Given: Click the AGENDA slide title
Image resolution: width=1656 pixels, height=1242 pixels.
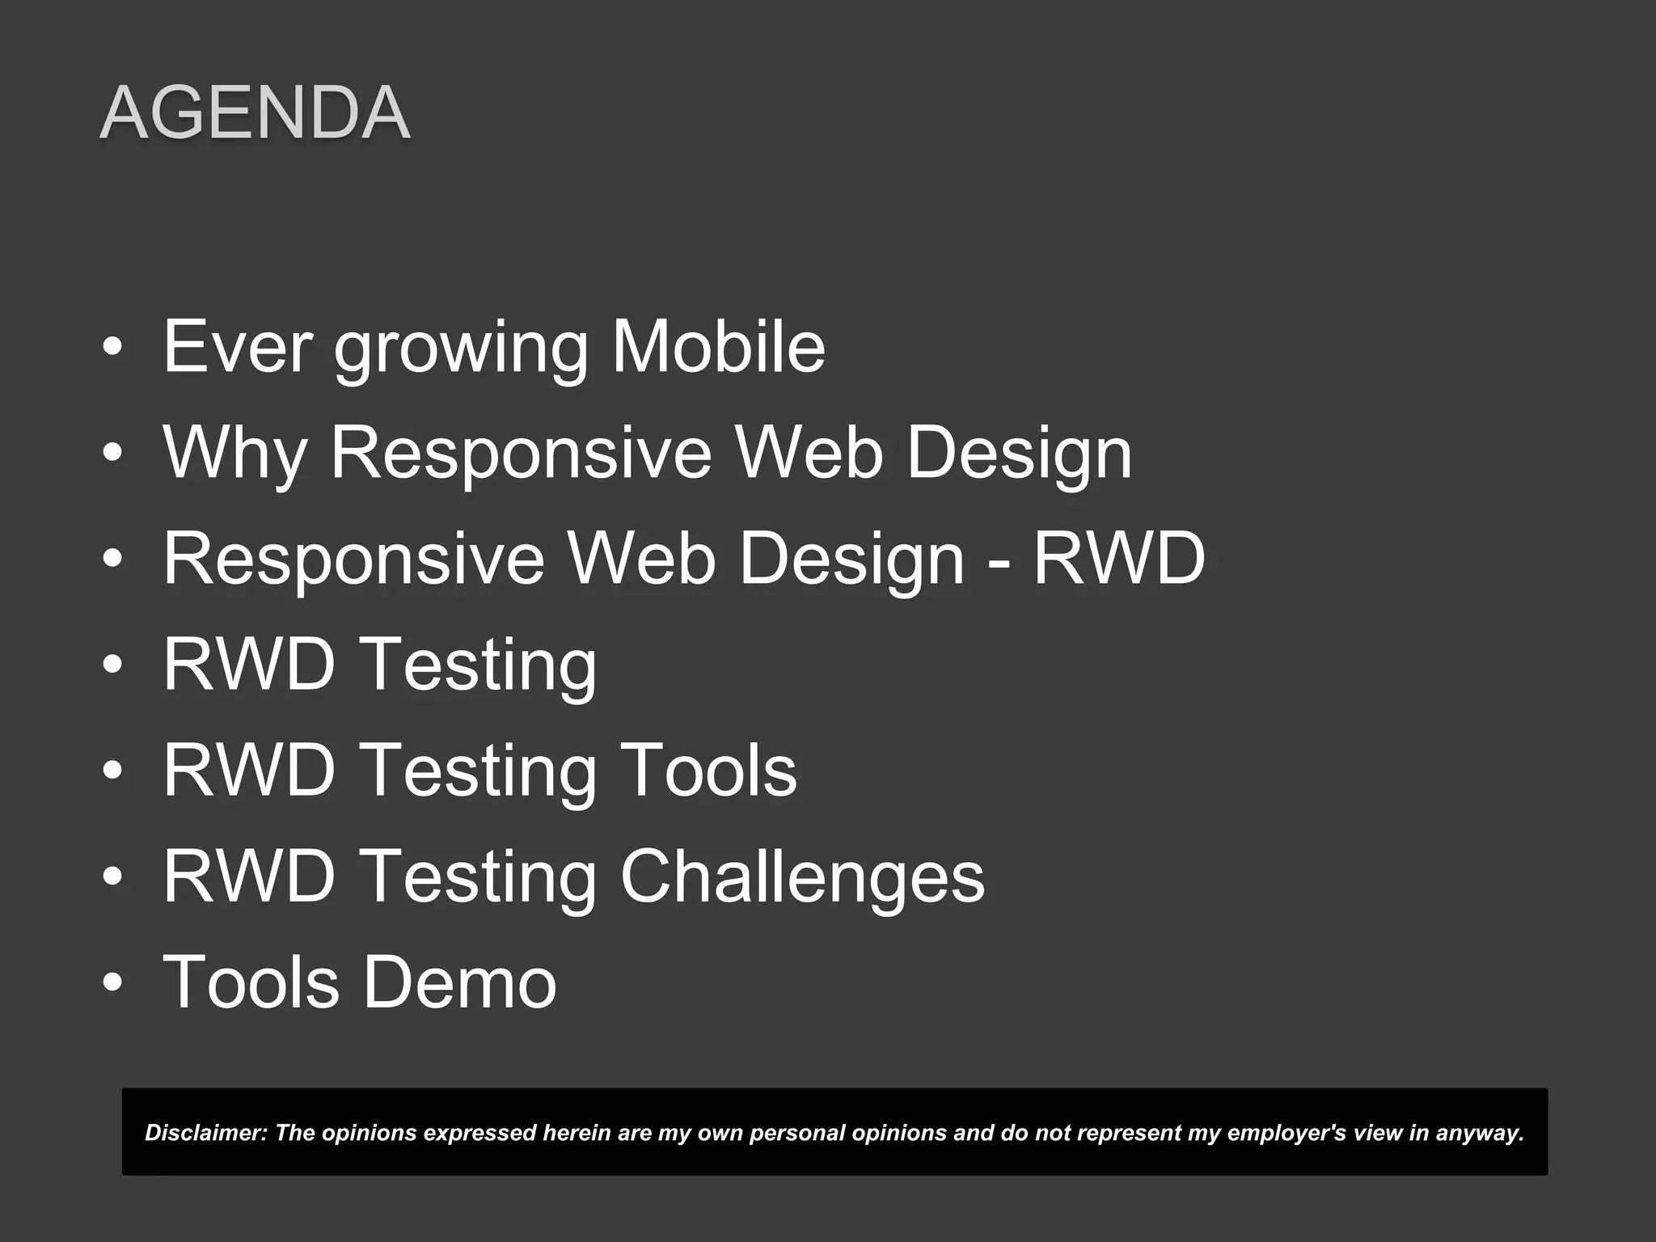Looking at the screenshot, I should pos(255,113).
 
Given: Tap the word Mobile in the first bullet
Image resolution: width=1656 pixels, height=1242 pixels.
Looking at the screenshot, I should pos(718,347).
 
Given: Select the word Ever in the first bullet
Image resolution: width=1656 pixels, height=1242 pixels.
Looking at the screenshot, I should pos(237,347).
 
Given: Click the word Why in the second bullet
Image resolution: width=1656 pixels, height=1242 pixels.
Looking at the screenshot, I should pos(234,453).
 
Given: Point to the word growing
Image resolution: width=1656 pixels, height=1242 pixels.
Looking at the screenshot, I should pos(461,349).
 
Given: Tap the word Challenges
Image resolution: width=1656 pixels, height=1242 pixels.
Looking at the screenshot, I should pos(802,877).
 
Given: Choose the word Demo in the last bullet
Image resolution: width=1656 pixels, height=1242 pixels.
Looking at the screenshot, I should pos(459,982).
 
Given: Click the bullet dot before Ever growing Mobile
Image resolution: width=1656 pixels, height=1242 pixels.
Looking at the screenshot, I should pos(113,348).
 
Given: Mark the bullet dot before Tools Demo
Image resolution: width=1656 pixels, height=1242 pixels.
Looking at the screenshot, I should pos(113,983).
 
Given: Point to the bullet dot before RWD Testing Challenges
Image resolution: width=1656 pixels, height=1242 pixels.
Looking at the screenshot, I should pos(113,877).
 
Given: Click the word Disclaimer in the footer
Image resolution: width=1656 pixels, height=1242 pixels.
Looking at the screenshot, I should pos(206,1133).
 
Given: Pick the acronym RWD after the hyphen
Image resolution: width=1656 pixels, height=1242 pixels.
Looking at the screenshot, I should pos(1119,559).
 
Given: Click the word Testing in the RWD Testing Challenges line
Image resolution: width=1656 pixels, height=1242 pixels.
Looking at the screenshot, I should pos(477,877).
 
